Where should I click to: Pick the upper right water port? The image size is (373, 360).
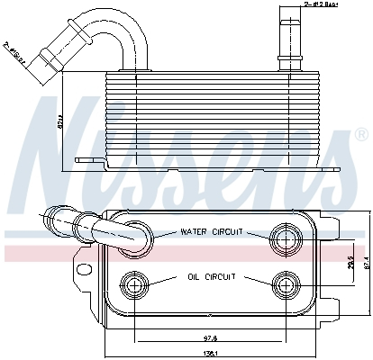click(x=286, y=238)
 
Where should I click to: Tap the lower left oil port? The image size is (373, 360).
click(x=137, y=285)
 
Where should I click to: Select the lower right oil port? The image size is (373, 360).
click(x=286, y=285)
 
